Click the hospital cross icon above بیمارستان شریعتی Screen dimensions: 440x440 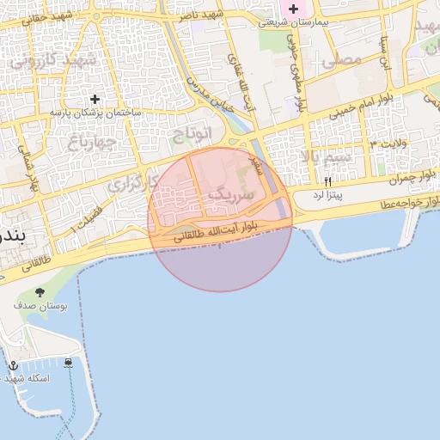(293, 9)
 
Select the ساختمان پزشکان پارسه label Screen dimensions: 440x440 (95, 113)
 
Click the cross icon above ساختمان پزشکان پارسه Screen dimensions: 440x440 (95, 100)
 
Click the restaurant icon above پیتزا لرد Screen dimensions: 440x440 (327, 182)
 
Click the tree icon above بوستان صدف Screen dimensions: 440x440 (40, 292)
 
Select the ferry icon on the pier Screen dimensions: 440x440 (68, 364)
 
